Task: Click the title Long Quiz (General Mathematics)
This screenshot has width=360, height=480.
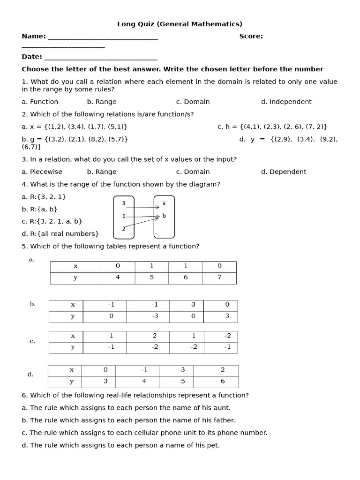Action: [x=180, y=24]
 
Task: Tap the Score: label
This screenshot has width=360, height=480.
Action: [x=251, y=36]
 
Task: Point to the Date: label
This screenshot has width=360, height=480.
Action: [x=32, y=57]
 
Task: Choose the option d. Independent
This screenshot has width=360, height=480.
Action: [x=286, y=102]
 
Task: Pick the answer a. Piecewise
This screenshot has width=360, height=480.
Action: [x=42, y=172]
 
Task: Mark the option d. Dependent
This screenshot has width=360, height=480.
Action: [x=284, y=172]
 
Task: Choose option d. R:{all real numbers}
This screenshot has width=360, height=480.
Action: [x=60, y=233]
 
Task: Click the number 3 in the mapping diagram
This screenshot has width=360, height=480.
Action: [x=123, y=203]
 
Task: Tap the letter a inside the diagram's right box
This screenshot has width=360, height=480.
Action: [x=164, y=203]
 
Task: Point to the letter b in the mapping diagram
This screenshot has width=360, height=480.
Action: [x=164, y=216]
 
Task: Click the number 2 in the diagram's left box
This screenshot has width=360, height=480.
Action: [x=123, y=228]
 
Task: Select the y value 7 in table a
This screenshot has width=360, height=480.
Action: [x=219, y=277]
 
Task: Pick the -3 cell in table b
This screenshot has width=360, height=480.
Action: [x=154, y=316]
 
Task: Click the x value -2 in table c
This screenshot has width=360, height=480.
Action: [x=227, y=336]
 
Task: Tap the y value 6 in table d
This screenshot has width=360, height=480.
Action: [x=222, y=381]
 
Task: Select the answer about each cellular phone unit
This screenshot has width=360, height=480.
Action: [x=144, y=433]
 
